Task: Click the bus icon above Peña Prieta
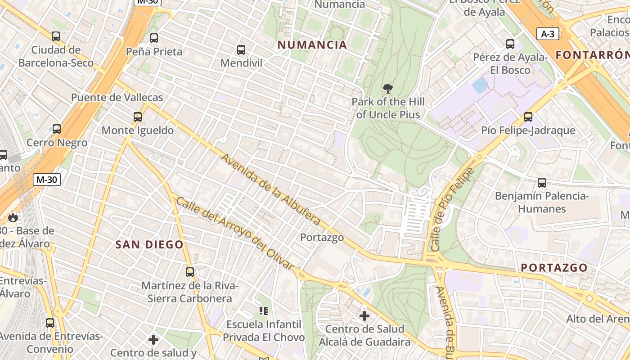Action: click(154, 38)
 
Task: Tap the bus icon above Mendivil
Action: click(241, 50)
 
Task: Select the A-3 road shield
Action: click(548, 34)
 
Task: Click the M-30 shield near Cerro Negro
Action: click(47, 180)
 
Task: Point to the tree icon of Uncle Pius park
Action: click(387, 88)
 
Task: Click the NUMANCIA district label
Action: click(312, 45)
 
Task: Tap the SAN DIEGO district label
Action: click(149, 245)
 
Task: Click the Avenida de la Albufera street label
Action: click(270, 190)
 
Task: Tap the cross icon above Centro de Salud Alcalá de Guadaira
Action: click(364, 316)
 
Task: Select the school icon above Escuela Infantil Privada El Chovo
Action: click(264, 310)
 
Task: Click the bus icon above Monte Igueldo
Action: click(138, 117)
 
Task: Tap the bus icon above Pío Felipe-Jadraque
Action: click(528, 117)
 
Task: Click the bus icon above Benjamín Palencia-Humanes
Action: click(542, 183)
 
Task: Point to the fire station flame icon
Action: click(13, 218)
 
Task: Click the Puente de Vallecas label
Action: click(117, 98)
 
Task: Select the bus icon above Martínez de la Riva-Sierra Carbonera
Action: click(190, 272)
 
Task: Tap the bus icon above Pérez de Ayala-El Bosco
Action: click(510, 44)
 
